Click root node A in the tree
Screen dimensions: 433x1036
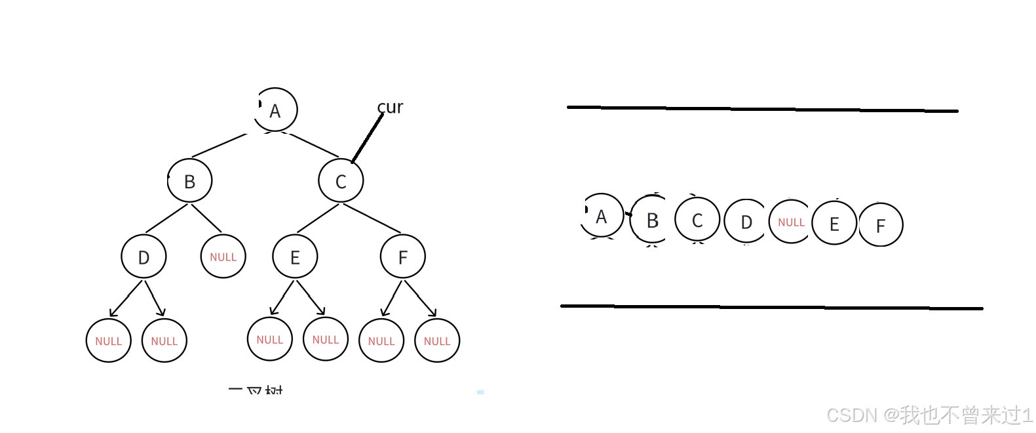(x=275, y=110)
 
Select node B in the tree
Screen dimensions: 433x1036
(x=190, y=180)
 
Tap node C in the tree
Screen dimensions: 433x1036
(x=341, y=180)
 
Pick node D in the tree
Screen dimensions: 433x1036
(x=144, y=257)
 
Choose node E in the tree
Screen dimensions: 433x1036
(x=295, y=257)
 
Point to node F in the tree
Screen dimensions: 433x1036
(x=403, y=257)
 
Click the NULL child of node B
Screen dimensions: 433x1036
(x=223, y=257)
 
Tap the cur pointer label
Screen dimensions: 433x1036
(x=391, y=107)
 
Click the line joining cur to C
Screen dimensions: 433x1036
(x=367, y=138)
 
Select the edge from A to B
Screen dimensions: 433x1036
(x=220, y=145)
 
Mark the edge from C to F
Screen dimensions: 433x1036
(x=372, y=218)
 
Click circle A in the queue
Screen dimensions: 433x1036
(x=602, y=216)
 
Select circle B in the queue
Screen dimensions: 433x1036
(x=652, y=220)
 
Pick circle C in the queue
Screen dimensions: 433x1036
(x=697, y=220)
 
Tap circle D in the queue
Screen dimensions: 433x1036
(x=746, y=222)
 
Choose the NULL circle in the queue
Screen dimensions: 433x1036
(x=791, y=222)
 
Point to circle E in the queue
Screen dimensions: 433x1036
(x=834, y=223)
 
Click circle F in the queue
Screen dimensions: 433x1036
(x=881, y=225)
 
